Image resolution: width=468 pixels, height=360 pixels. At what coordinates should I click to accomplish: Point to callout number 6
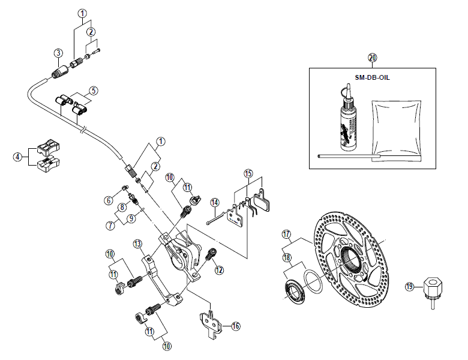(108, 200)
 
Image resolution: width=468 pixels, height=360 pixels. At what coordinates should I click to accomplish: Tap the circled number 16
(236, 326)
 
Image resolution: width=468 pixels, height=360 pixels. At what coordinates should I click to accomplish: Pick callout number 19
(409, 287)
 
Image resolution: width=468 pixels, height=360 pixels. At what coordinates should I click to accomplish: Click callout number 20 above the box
(372, 58)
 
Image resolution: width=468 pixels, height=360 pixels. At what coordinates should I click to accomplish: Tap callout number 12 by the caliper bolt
(218, 271)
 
